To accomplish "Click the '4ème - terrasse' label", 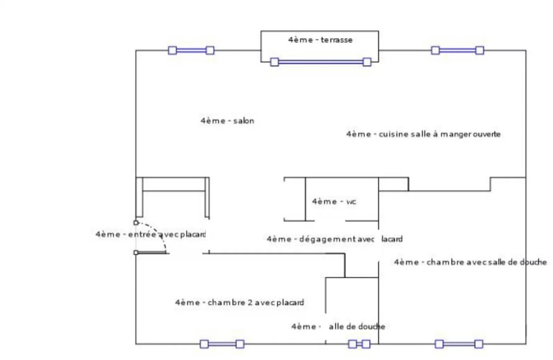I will [x=320, y=40].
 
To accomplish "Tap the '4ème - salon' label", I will [x=227, y=121].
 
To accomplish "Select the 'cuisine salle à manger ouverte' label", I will [x=423, y=134].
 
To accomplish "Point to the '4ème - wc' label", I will [x=334, y=202].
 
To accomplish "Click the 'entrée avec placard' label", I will [x=150, y=234].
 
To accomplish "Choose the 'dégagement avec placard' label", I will [x=334, y=239].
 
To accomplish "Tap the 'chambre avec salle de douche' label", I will [x=470, y=262].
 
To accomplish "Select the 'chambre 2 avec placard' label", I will [x=239, y=302].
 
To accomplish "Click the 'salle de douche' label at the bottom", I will [x=338, y=327].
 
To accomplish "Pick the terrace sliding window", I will [x=320, y=62].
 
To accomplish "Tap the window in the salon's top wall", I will [x=191, y=50].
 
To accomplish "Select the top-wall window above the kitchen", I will [x=457, y=50].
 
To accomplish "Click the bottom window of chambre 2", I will [x=222, y=344].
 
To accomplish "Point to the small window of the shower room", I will [x=359, y=344].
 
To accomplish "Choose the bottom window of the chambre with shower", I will [x=459, y=344].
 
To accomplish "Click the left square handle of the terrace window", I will [x=274, y=62].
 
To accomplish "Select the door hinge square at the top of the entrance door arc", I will [x=136, y=223].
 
